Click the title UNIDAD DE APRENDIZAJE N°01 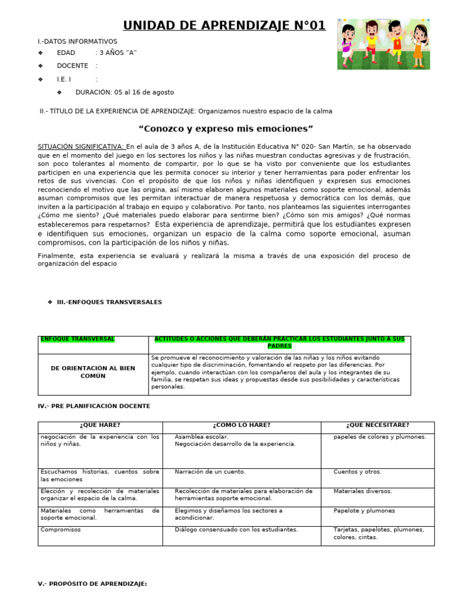(224, 25)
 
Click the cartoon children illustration (384, 44)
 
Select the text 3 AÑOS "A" (118, 53)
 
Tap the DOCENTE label (72, 66)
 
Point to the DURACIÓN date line (124, 92)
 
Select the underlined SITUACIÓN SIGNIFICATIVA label (81, 147)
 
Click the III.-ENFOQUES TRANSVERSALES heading (109, 302)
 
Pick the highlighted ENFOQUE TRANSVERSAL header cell (77, 339)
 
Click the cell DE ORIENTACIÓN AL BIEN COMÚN (93, 372)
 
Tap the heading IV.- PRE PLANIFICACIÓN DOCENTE (94, 406)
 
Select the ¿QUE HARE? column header (100, 425)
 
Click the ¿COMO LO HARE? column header (241, 425)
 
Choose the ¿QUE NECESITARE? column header (377, 425)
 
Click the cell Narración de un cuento (210, 472)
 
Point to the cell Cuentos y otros (357, 472)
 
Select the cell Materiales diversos (362, 491)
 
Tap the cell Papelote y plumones (364, 511)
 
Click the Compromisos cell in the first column (61, 530)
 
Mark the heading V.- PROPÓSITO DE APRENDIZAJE (92, 583)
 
